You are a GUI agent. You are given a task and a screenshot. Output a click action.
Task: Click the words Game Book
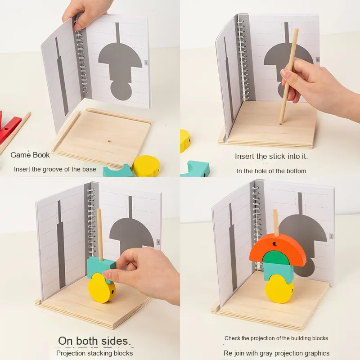30,155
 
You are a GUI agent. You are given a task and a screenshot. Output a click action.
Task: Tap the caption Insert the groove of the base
55,170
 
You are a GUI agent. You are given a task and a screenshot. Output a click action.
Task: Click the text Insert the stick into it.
271,156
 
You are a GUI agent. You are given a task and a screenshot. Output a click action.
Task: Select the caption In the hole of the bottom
271,171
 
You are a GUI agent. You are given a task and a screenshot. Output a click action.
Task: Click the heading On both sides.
94,341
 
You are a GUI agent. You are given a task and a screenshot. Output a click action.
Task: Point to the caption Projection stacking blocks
94,353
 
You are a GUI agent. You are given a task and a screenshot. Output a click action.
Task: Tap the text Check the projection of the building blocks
276,338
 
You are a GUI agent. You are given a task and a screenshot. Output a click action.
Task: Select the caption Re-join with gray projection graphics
276,353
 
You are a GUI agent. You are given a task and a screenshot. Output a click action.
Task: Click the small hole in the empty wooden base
110,141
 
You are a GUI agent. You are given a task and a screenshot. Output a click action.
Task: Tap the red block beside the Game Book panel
9,129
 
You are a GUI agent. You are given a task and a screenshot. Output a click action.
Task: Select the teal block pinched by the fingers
100,267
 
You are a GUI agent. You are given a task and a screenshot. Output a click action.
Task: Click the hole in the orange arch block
274,243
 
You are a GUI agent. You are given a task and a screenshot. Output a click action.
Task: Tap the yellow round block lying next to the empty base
147,166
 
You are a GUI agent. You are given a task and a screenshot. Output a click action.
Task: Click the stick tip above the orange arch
275,211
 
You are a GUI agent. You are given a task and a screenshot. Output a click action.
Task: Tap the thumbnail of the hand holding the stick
284,72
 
